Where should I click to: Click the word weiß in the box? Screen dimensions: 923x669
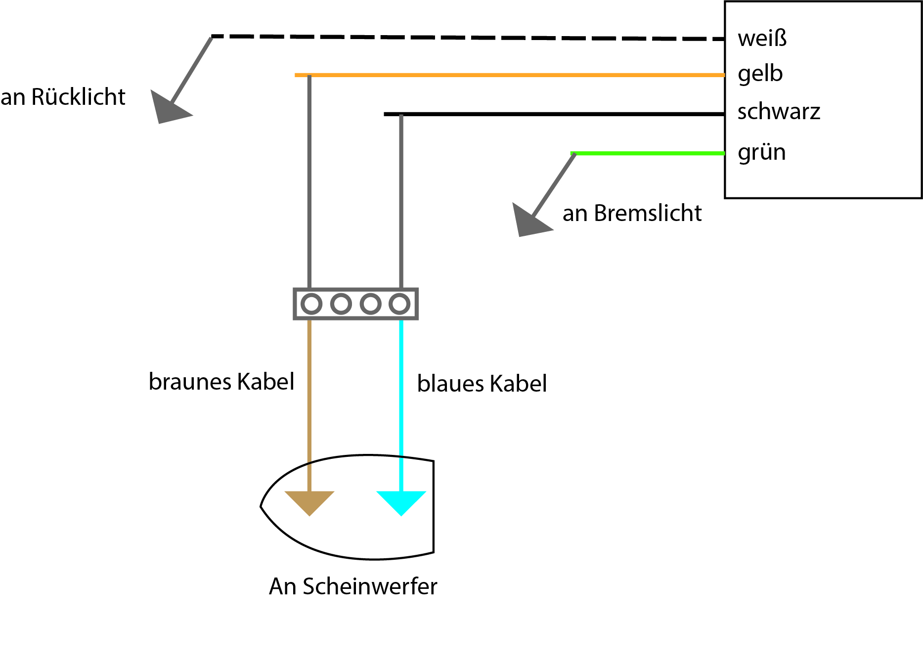click(762, 38)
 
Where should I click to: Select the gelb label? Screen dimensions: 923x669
click(760, 74)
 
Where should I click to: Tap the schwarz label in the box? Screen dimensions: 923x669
click(779, 111)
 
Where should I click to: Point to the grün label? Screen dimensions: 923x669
click(761, 152)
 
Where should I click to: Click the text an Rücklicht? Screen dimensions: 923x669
click(63, 97)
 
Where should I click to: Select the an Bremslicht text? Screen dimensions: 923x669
click(632, 213)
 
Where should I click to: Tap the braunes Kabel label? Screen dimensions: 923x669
click(221, 382)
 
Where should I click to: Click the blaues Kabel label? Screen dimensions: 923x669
click(482, 384)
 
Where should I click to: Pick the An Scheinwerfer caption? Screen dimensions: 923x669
click(353, 586)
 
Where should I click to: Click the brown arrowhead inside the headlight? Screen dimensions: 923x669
click(309, 501)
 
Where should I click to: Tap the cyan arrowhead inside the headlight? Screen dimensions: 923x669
click(401, 501)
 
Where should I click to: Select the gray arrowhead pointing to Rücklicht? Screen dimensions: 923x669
click(169, 108)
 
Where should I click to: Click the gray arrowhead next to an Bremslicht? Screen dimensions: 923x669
click(530, 221)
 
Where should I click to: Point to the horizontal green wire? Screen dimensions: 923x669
click(648, 153)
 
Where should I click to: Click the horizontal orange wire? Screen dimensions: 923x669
click(510, 75)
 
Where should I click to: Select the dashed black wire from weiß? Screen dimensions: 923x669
click(468, 37)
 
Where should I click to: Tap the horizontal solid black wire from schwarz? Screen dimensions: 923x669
click(554, 114)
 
